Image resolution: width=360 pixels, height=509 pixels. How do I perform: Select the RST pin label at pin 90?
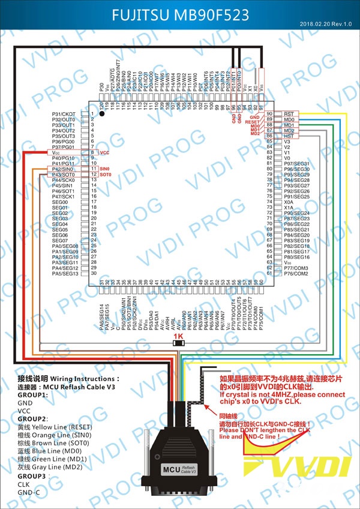(x=289, y=113)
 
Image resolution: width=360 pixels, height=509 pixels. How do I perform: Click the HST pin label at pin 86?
(x=289, y=136)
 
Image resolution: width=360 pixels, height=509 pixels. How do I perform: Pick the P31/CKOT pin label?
(x=64, y=114)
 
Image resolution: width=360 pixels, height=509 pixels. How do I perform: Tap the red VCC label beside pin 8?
(x=104, y=153)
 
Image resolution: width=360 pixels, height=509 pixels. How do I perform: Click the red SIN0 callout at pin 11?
(x=105, y=169)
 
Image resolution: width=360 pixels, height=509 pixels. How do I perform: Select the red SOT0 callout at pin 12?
(x=105, y=175)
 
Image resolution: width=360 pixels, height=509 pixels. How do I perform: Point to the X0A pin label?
(x=289, y=202)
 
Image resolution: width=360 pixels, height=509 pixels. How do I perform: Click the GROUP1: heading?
(x=32, y=395)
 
